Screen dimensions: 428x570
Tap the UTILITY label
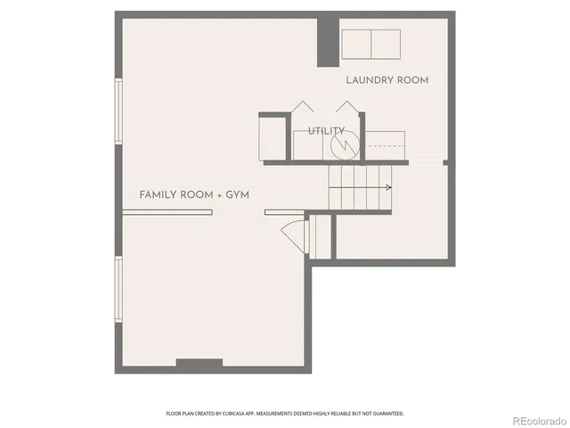coord(326,131)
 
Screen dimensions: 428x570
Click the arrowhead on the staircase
coord(388,187)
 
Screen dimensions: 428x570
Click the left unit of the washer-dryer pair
coord(357,43)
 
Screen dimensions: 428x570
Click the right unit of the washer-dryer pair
coord(386,43)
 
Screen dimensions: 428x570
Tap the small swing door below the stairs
coord(294,235)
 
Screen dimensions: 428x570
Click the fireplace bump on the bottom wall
coord(199,363)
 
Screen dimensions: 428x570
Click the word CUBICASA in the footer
coord(263,414)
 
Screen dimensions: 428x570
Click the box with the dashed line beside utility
coord(386,144)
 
